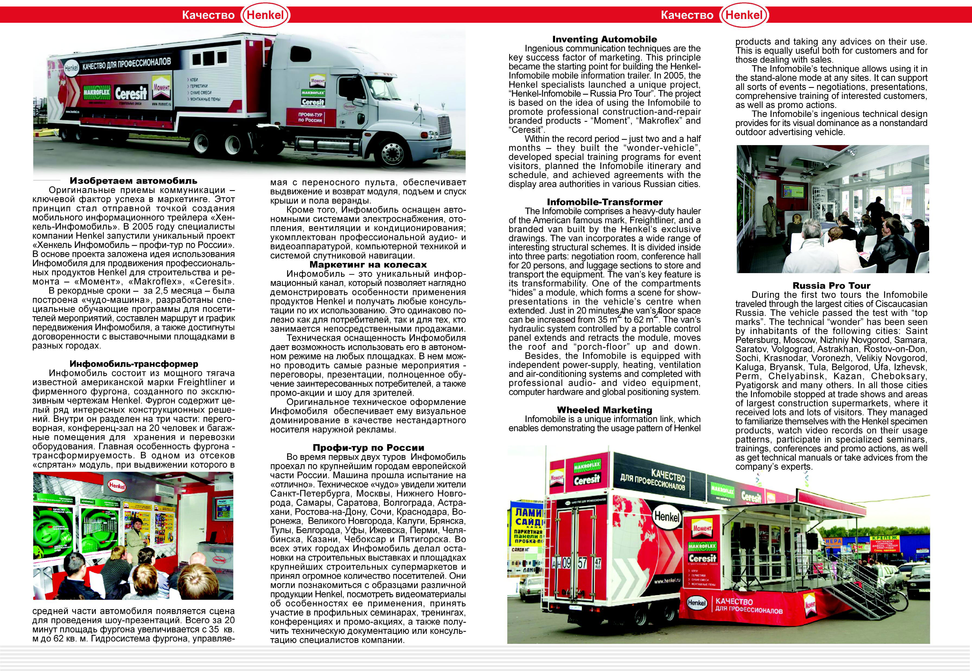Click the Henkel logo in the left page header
pyautogui.click(x=266, y=15)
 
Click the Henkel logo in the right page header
pyautogui.click(x=745, y=15)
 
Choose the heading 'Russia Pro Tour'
pyautogui.click(x=831, y=286)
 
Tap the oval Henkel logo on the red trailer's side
pyautogui.click(x=666, y=515)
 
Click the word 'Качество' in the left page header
pyautogui.click(x=208, y=15)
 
